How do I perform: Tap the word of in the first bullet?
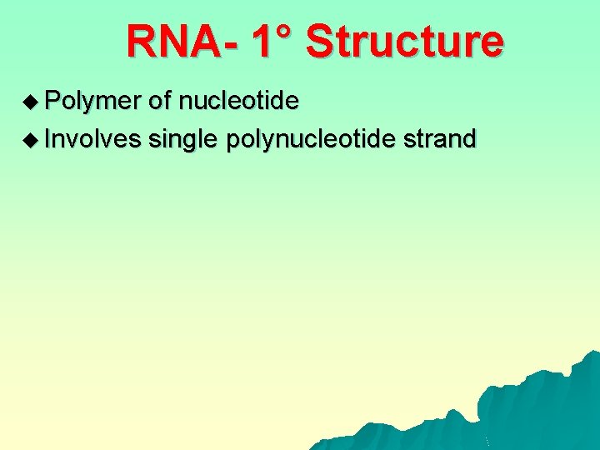tap(160, 102)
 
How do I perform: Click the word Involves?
tap(93, 138)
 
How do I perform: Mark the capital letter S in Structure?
tap(319, 42)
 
